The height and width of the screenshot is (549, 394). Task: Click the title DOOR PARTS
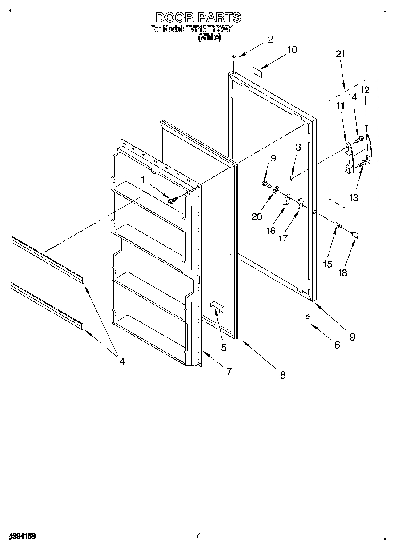[198, 17]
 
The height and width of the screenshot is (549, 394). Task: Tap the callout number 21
[340, 54]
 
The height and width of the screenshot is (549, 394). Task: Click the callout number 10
[292, 50]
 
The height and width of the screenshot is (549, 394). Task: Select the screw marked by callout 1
[172, 200]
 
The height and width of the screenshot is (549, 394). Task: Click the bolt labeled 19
[266, 183]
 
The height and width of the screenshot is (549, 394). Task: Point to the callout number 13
[354, 198]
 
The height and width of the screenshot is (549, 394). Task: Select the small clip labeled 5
[216, 305]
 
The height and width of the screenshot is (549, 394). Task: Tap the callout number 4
[121, 361]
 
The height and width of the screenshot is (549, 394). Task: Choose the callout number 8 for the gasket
[282, 375]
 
